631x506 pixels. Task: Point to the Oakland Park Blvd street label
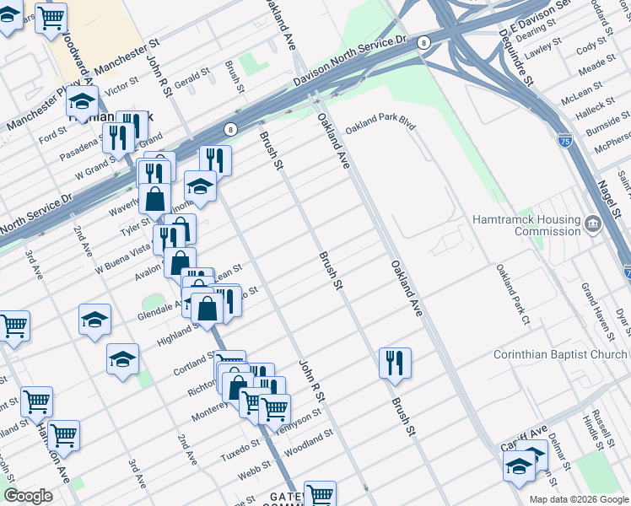coord(380,122)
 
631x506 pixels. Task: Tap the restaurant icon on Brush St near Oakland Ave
coord(395,363)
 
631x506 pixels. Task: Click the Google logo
coord(28,496)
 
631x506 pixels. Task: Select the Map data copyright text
coord(578,499)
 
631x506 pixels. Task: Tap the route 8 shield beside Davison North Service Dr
coord(423,41)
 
